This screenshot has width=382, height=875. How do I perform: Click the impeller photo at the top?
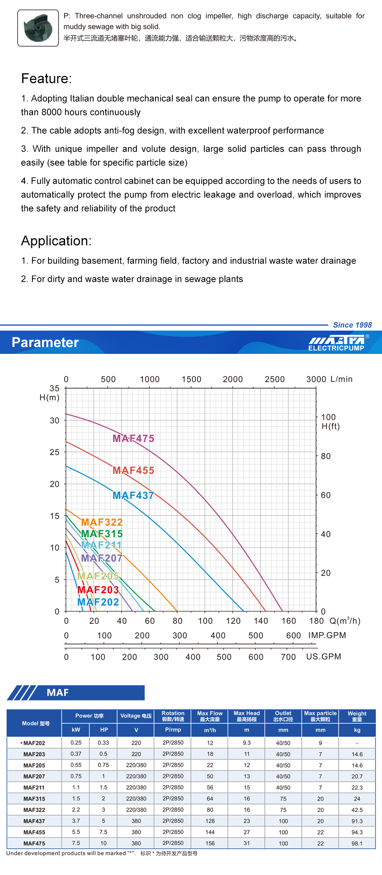(38, 28)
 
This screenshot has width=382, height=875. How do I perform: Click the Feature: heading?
(46, 79)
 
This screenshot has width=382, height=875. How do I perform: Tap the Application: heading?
(56, 241)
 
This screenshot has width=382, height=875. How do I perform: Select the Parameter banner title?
(45, 342)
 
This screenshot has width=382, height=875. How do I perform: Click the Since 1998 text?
(352, 325)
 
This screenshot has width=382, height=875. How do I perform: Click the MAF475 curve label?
(133, 438)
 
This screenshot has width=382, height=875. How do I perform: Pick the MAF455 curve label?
(133, 470)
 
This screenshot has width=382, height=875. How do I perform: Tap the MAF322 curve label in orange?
(102, 522)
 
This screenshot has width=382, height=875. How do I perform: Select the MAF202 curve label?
(98, 602)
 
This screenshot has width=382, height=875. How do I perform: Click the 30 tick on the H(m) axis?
(55, 420)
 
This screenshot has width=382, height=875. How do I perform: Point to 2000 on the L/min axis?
(233, 379)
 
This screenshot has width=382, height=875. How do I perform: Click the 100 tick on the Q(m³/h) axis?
(205, 621)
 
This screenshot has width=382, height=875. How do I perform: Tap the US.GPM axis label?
(324, 657)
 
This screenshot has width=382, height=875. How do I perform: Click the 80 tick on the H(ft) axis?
(325, 456)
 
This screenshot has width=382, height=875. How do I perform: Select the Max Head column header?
(247, 716)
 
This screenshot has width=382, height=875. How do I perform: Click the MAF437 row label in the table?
(34, 821)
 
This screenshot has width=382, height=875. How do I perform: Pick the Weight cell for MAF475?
(357, 843)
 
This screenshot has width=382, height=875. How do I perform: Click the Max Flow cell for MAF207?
(210, 776)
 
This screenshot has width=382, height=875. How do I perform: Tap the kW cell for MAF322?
(76, 810)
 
